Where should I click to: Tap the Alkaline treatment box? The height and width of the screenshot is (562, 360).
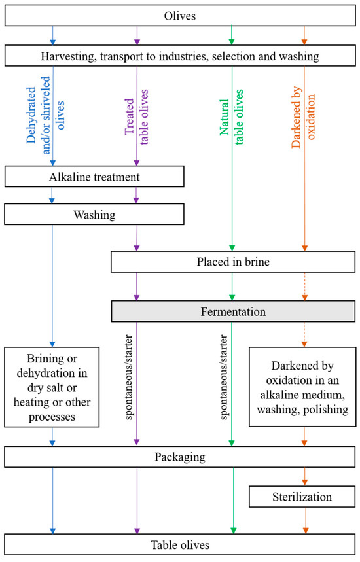click(94, 177)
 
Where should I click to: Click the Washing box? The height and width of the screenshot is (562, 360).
click(94, 213)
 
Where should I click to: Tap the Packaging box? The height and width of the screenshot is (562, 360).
click(179, 457)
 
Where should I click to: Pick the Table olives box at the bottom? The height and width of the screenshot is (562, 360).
click(179, 544)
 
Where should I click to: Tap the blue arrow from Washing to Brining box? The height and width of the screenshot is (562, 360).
click(52, 281)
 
